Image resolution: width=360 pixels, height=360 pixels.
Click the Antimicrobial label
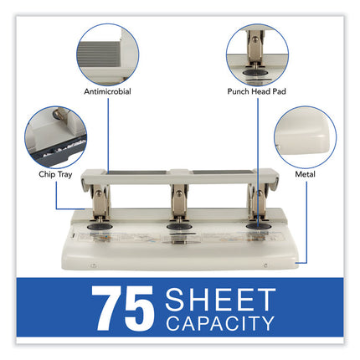tap(107, 91)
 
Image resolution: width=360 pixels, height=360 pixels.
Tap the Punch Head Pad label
tap(256, 91)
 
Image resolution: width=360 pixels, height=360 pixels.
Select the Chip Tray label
tap(55, 174)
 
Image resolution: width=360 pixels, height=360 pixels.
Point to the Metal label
tap(305, 174)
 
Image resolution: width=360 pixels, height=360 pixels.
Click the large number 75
tap(123, 308)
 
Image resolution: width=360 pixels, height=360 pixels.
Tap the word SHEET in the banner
tap(220, 300)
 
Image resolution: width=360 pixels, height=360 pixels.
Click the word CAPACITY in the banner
tap(220, 323)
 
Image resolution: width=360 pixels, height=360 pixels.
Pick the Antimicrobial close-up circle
tap(108, 54)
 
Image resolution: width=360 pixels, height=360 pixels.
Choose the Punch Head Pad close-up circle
tap(257, 54)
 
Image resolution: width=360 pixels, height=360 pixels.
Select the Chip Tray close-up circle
tap(56, 137)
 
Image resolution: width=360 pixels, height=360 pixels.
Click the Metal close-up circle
tap(306, 137)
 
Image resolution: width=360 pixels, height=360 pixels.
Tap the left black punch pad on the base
tap(100, 226)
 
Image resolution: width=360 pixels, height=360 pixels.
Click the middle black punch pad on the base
tap(179, 226)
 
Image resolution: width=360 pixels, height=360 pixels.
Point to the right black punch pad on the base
tap(259, 226)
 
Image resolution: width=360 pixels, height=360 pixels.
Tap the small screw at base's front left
tap(94, 265)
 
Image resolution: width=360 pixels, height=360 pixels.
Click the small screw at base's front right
tap(265, 265)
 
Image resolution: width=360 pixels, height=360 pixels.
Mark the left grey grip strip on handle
tap(138, 172)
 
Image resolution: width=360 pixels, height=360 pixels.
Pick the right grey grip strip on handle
tap(223, 172)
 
